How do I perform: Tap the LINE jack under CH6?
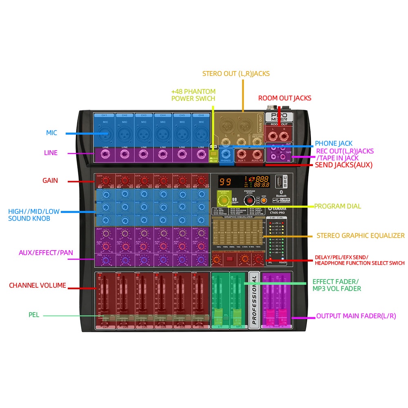click(201, 154)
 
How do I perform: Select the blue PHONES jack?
click(226, 154)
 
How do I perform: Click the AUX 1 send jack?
click(242, 154)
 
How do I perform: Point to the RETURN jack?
click(257, 142)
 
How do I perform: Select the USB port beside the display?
click(278, 180)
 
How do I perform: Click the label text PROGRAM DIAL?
click(337, 206)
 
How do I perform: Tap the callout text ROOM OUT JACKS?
click(284, 98)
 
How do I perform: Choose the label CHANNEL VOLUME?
click(38, 285)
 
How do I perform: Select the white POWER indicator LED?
click(282, 259)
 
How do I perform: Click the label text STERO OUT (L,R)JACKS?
click(236, 74)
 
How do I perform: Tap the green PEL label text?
click(34, 315)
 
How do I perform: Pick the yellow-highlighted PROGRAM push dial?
click(223, 200)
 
